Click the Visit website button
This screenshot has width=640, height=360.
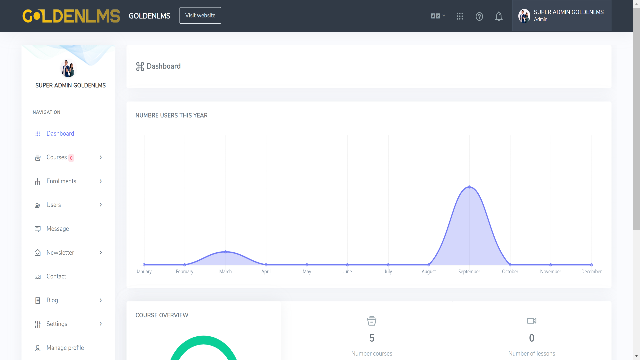[x=200, y=15]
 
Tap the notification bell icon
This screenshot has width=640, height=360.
[x=499, y=16]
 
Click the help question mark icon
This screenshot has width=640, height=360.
[x=479, y=16]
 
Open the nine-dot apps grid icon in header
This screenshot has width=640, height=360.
[x=460, y=16]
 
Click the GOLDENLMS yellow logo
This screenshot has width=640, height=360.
[x=71, y=16]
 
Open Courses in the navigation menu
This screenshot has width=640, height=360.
[x=57, y=157]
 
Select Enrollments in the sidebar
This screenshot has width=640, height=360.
[x=61, y=181]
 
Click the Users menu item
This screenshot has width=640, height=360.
[x=54, y=205]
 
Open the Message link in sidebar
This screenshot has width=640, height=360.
[x=58, y=229]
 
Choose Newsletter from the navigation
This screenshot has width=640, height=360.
[x=60, y=253]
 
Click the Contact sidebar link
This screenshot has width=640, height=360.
[x=56, y=276]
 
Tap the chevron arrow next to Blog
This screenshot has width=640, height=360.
[x=101, y=300]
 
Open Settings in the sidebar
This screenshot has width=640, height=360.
[x=57, y=324]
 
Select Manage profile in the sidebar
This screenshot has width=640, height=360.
[x=65, y=348]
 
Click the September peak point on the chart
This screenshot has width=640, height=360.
[x=469, y=187]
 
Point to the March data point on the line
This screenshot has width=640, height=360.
[x=226, y=252]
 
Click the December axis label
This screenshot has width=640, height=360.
[x=591, y=272]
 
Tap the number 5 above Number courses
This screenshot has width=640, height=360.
[x=372, y=338]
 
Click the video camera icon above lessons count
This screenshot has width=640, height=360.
[x=532, y=321]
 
